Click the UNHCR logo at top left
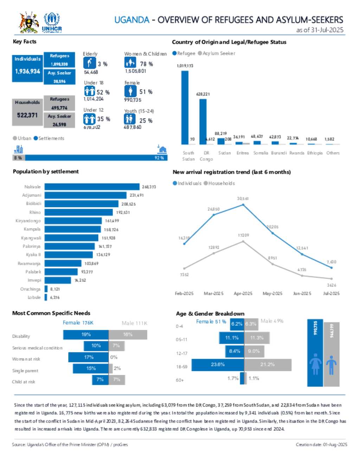pyautogui.click(x=52, y=23)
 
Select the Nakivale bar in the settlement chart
pyautogui.click(x=92, y=187)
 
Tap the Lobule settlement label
pyautogui.click(x=34, y=298)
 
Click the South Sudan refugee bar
pyautogui.click(x=185, y=107)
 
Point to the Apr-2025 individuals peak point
pyautogui.click(x=243, y=204)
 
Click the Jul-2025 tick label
pyautogui.click(x=331, y=293)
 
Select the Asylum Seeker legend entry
pyautogui.click(x=217, y=53)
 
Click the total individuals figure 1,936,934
pyautogui.click(x=27, y=71)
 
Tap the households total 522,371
pyautogui.click(x=27, y=115)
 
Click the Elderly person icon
pyautogui.click(x=89, y=63)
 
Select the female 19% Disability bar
pyautogui.click(x=86, y=335)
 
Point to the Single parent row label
pyautogui.click(x=25, y=371)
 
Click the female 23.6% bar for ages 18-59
pyautogui.click(x=218, y=365)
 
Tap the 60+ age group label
pyautogui.click(x=180, y=380)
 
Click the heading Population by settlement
pyautogui.click(x=46, y=172)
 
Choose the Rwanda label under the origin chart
pyautogui.click(x=297, y=153)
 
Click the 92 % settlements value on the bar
pyautogui.click(x=159, y=158)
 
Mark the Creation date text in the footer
pyautogui.click(x=321, y=445)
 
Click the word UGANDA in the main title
pyautogui.click(x=132, y=20)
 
